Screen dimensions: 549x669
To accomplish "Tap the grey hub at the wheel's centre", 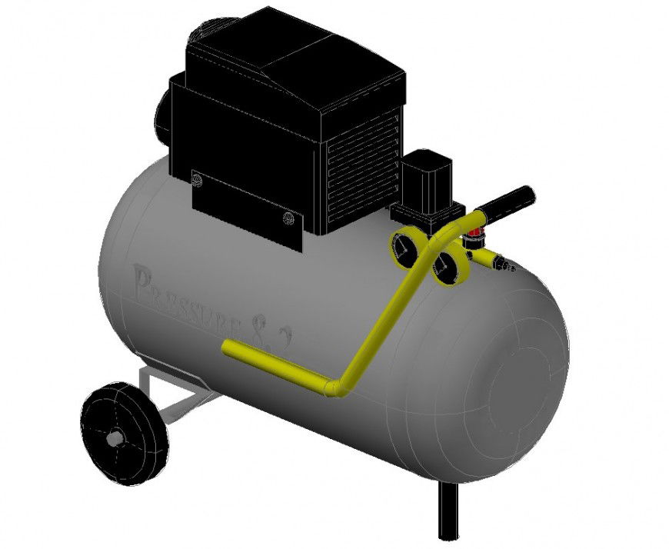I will point(115,439).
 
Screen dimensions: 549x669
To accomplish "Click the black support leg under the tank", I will point(448,511).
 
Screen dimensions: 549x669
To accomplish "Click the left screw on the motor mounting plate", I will point(198,180).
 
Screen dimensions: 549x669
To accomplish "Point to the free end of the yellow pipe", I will point(228,348).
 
